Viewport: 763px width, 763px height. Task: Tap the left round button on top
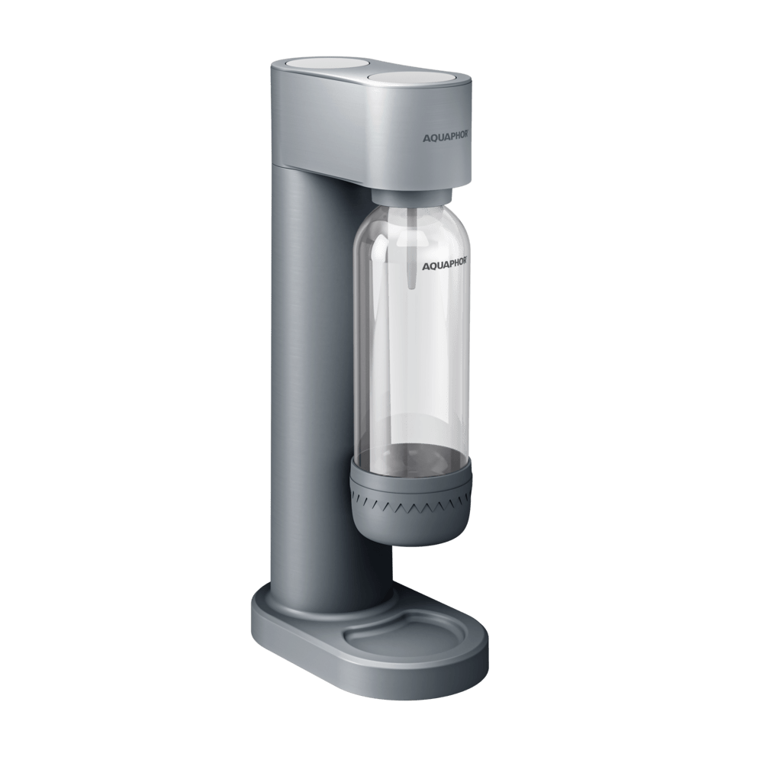[300, 65]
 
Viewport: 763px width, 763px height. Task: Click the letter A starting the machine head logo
[425, 137]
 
